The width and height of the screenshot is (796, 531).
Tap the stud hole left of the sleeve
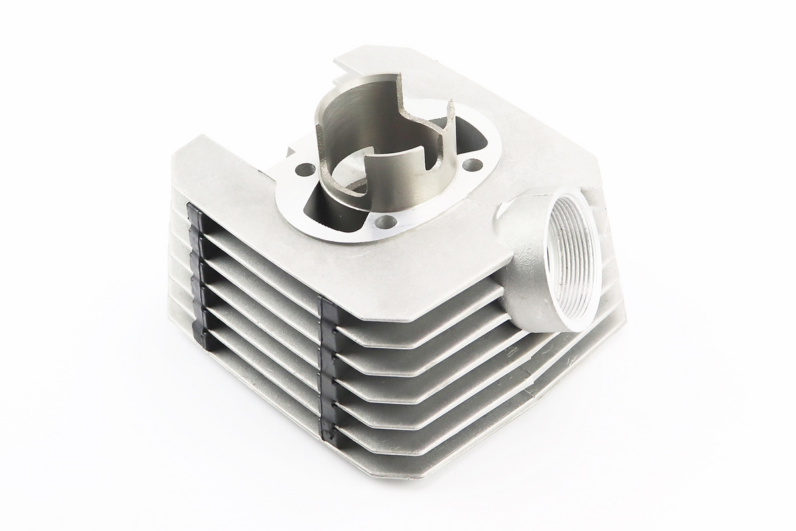(304, 169)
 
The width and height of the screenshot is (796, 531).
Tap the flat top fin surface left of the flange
(219, 173)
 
